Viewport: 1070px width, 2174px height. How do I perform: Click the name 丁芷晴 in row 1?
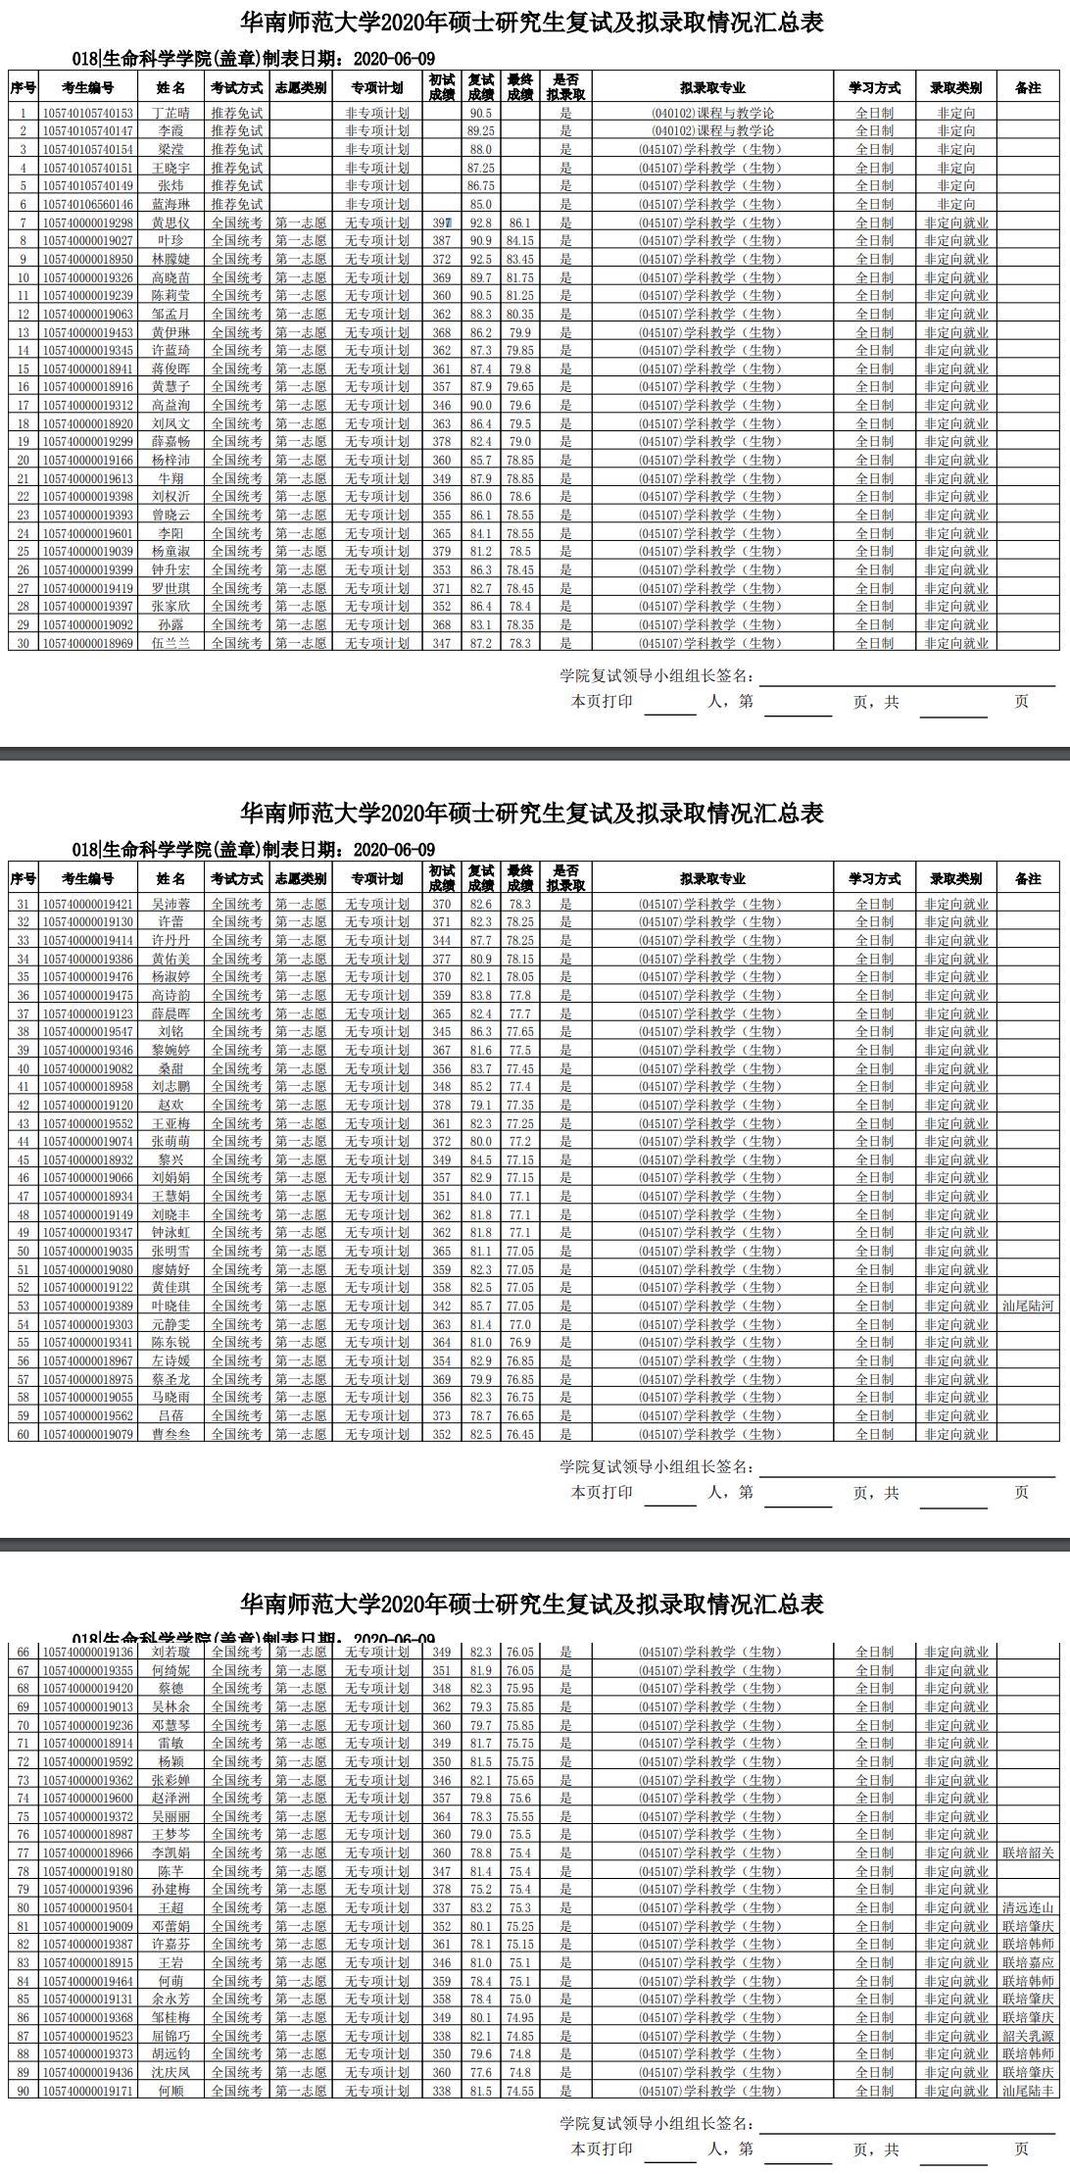[170, 113]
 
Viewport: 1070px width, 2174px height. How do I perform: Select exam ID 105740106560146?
[87, 204]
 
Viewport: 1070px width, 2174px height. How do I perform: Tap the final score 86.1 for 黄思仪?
[519, 222]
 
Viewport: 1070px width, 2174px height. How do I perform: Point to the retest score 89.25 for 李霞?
[480, 130]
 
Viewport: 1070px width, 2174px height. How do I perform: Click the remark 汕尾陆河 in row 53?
[1027, 1306]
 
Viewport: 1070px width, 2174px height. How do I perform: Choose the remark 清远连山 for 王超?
[1027, 1907]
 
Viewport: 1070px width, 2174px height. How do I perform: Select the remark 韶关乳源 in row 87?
[1027, 2036]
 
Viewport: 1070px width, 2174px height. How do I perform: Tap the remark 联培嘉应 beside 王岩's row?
[1027, 1962]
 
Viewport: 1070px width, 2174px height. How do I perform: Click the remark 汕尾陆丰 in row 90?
[1027, 2091]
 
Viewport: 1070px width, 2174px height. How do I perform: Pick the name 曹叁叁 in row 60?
[170, 1434]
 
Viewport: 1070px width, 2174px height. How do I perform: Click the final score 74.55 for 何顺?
[519, 2091]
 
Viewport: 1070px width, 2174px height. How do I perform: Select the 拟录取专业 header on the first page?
[712, 87]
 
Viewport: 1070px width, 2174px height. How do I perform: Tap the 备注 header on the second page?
[1027, 878]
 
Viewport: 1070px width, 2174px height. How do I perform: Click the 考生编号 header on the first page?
[87, 87]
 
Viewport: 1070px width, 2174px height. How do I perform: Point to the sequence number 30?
[23, 643]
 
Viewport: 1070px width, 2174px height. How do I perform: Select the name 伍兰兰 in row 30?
[170, 643]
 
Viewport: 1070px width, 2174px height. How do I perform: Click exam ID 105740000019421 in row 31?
[87, 904]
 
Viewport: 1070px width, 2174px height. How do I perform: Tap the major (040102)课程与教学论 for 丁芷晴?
[712, 113]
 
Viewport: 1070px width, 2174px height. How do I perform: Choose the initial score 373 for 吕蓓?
[442, 1415]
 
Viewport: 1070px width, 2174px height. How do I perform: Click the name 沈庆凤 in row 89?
[170, 2072]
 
